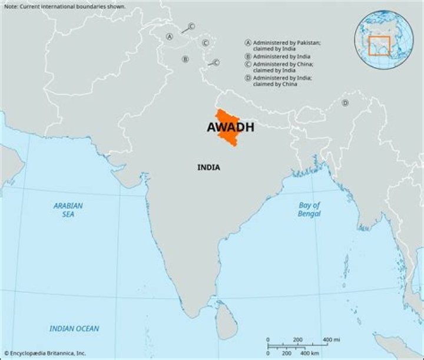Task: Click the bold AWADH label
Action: click(230, 127)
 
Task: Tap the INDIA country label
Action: click(208, 168)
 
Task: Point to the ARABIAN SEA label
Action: click(68, 210)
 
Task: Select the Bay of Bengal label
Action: click(309, 209)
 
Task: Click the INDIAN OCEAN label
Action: click(74, 329)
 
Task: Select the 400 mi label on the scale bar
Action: click(330, 340)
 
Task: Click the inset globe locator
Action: click(383, 40)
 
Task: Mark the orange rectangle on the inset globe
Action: click(379, 45)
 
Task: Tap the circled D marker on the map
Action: click(345, 103)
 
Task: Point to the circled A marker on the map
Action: click(170, 37)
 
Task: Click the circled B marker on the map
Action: click(185, 59)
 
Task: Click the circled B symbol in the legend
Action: click(248, 56)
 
